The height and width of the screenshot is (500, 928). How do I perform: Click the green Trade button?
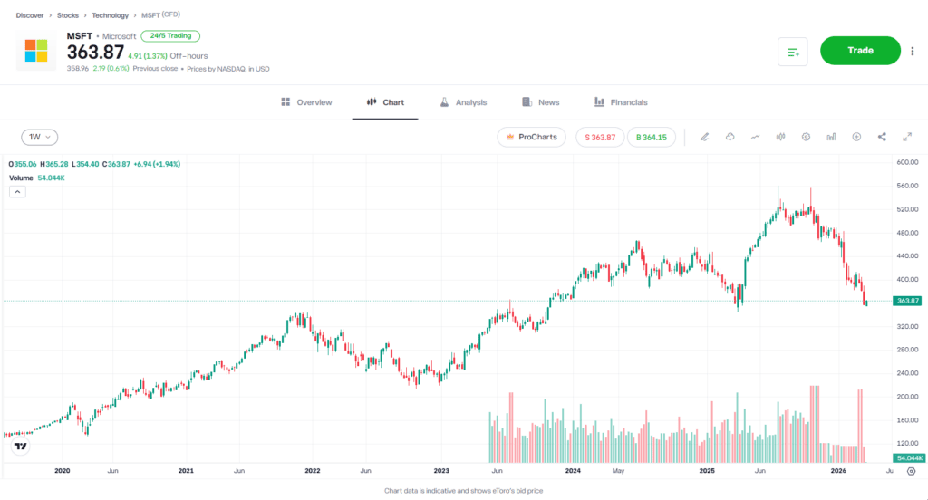(x=860, y=51)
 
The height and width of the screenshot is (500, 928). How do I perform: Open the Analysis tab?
(x=463, y=102)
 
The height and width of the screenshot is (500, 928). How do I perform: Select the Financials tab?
(x=621, y=102)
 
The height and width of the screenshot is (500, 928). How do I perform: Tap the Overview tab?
(x=306, y=102)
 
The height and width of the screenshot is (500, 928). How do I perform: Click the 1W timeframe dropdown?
(x=39, y=137)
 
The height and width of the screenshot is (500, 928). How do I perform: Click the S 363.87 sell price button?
(x=600, y=137)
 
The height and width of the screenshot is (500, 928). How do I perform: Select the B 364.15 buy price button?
(x=651, y=137)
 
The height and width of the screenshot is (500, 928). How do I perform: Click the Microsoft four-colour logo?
(x=36, y=51)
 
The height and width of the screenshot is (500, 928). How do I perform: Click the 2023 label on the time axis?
(x=442, y=471)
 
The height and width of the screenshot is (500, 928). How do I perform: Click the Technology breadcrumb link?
(x=110, y=16)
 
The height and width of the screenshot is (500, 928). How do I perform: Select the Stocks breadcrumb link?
(x=67, y=16)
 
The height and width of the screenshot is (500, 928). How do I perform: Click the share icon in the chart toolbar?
(x=882, y=137)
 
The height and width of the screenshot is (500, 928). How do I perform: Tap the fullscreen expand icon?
(x=907, y=137)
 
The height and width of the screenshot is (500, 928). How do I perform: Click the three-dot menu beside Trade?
(x=913, y=51)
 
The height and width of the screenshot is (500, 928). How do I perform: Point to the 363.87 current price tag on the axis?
(x=907, y=301)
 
